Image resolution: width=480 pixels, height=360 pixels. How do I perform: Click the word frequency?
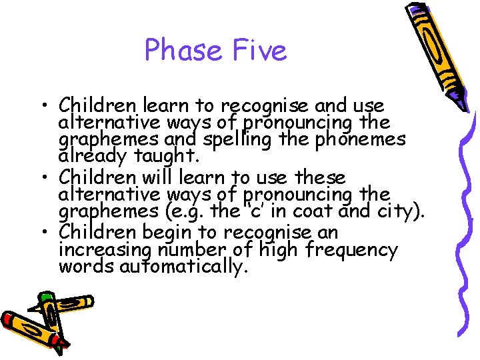(x=353, y=251)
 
